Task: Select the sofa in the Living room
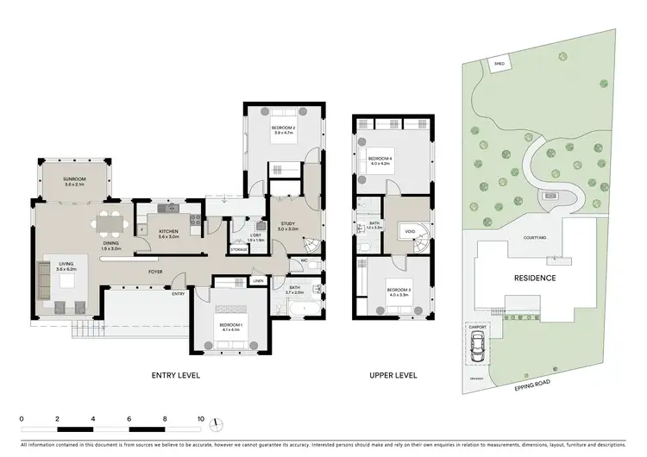coord(43,279)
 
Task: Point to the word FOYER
coord(155,271)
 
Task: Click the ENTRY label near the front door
coord(179,294)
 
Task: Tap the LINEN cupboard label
coord(258,281)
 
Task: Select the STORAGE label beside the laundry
coord(239,250)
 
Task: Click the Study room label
coord(287,227)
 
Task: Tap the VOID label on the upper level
coord(408,231)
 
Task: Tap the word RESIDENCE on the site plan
coord(535,279)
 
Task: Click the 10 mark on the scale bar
coord(200,419)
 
